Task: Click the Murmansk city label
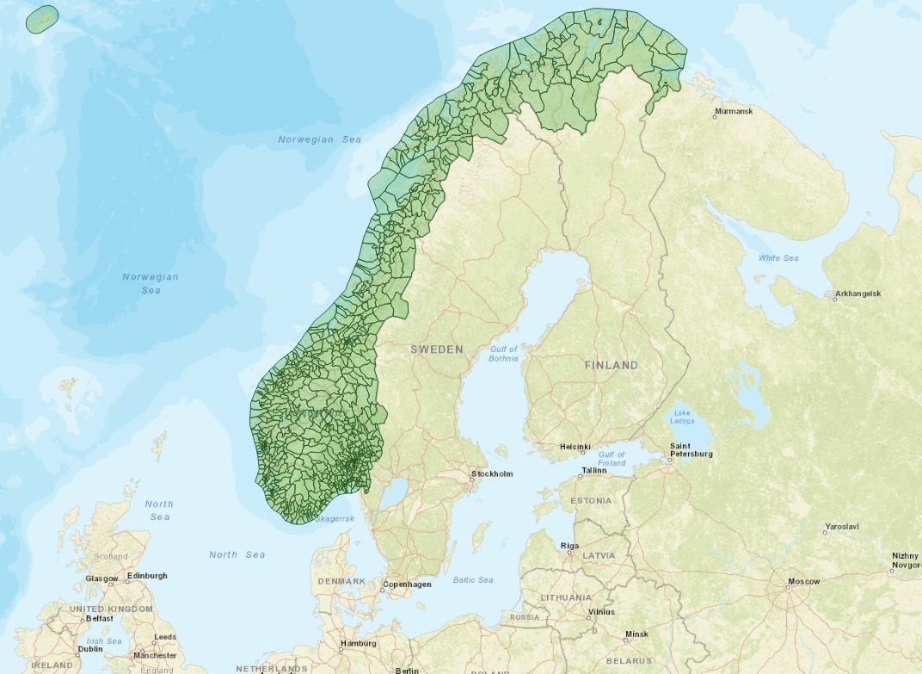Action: click(x=734, y=112)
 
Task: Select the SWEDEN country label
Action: click(x=436, y=349)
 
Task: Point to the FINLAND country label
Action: click(x=612, y=365)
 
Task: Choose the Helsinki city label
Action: click(x=575, y=447)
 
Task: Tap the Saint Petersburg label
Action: click(x=691, y=449)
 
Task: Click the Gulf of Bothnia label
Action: click(x=504, y=354)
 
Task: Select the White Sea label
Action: click(x=778, y=258)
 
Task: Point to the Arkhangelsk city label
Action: click(x=857, y=294)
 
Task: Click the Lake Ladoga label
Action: click(x=683, y=417)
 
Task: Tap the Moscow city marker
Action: click(x=789, y=588)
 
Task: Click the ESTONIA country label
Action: click(x=590, y=501)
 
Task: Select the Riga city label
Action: click(x=569, y=546)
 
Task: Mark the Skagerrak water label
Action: click(x=335, y=519)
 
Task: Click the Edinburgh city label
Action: click(x=147, y=576)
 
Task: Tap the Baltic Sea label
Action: click(x=473, y=580)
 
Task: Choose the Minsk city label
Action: click(x=636, y=634)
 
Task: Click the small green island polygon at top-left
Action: click(x=42, y=19)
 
